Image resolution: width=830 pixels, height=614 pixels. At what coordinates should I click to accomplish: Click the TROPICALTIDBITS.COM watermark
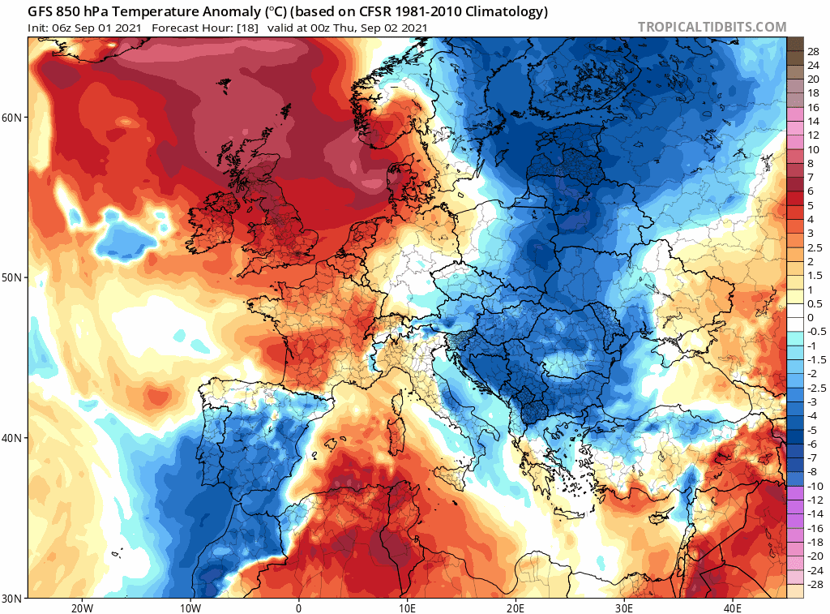coord(712,27)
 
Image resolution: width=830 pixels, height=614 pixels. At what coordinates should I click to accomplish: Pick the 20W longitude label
coord(81,608)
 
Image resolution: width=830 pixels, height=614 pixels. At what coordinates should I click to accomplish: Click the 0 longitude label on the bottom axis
coord(299,608)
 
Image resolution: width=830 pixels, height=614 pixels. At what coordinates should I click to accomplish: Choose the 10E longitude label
coord(408,608)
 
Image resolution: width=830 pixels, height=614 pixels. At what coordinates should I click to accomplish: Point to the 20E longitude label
coord(516,608)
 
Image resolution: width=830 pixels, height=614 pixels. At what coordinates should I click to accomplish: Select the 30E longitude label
coord(624,608)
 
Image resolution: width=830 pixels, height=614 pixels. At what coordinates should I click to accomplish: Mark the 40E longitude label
coord(733,608)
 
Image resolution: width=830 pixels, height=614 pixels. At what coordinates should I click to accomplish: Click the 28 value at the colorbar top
coord(813,50)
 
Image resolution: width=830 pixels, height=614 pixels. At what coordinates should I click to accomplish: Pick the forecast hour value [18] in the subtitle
coord(248,28)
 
